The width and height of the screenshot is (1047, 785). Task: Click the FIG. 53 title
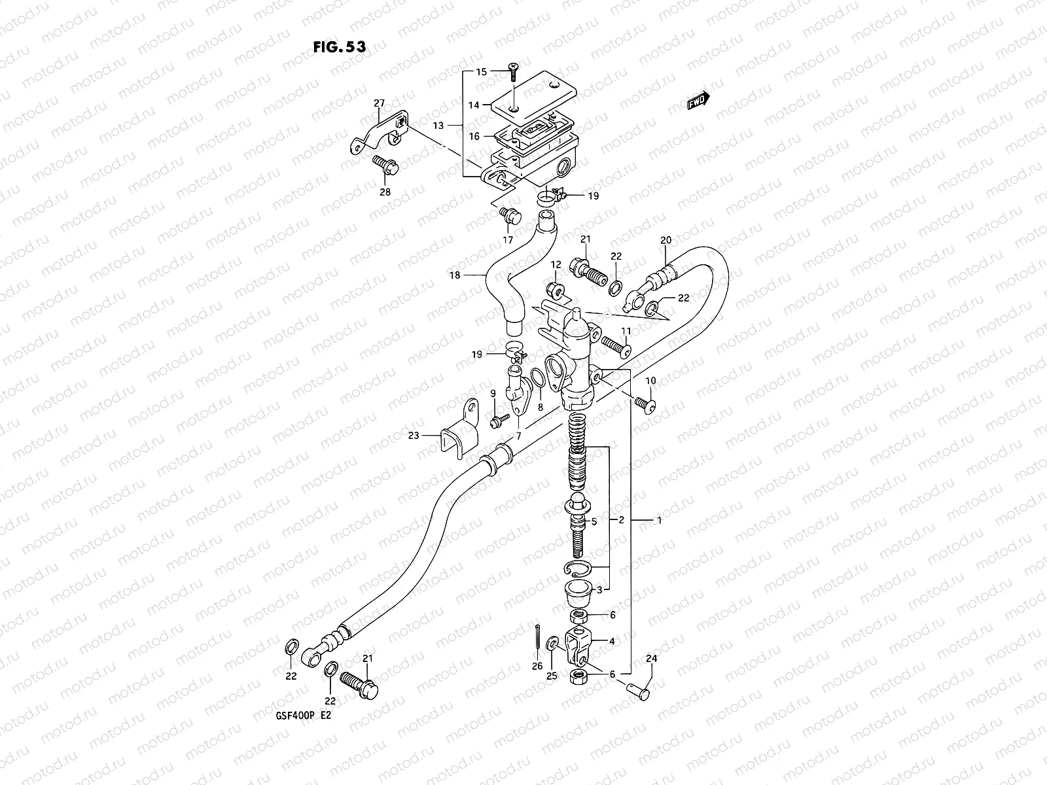pyautogui.click(x=338, y=47)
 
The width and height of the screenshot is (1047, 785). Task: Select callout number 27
pyautogui.click(x=380, y=103)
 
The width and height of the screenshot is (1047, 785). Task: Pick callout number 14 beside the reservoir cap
pyautogui.click(x=474, y=105)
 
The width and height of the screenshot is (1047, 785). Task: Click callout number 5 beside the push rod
pyautogui.click(x=594, y=522)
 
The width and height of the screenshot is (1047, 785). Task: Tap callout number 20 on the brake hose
pyautogui.click(x=665, y=240)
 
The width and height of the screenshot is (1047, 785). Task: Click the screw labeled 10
pyautogui.click(x=645, y=406)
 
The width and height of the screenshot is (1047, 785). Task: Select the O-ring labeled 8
pyautogui.click(x=538, y=379)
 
